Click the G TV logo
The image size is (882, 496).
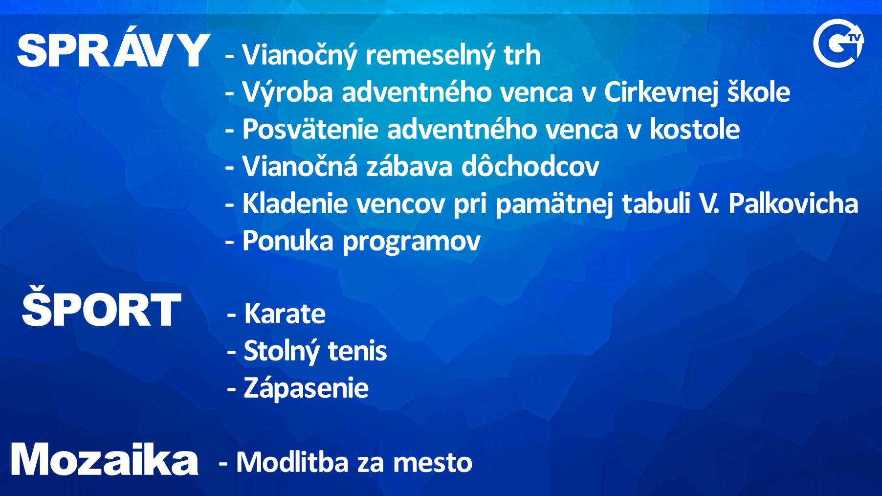click(x=838, y=43)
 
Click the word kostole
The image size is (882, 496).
click(x=694, y=130)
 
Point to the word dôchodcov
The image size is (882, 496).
click(x=530, y=166)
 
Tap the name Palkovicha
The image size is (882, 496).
click(x=794, y=203)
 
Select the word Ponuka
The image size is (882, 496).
click(x=288, y=241)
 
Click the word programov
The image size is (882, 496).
click(x=412, y=243)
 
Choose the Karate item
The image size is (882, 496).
click(x=285, y=314)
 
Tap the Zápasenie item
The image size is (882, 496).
click(x=306, y=389)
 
